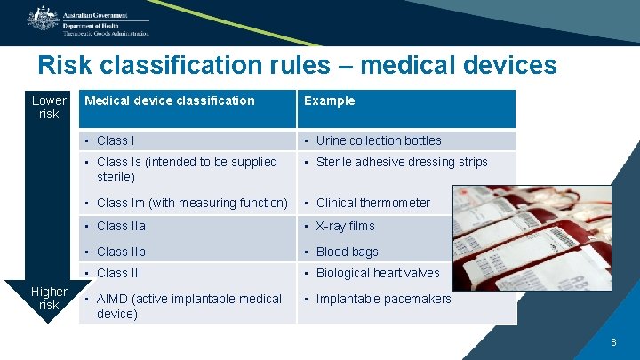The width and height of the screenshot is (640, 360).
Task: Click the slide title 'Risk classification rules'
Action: (297, 65)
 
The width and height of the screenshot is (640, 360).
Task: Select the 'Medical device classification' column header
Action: (169, 100)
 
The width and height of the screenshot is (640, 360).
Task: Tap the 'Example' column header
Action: (329, 100)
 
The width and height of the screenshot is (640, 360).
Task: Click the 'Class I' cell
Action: (116, 140)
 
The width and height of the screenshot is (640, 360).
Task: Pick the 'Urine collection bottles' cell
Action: (379, 140)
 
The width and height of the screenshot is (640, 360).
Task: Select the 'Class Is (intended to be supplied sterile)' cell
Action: (187, 169)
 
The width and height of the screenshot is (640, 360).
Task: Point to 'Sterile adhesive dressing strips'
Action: (402, 162)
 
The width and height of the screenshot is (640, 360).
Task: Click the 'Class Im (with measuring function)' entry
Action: (192, 203)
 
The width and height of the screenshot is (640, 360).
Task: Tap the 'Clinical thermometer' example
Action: (372, 203)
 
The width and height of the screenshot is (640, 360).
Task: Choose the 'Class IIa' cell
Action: (122, 226)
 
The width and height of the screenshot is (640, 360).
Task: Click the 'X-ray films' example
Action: (346, 226)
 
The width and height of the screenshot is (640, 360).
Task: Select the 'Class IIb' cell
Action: (121, 252)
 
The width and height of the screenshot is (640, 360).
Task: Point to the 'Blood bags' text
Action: (347, 252)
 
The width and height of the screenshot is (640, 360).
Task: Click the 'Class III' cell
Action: (119, 273)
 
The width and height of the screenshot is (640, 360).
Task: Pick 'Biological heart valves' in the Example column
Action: (378, 273)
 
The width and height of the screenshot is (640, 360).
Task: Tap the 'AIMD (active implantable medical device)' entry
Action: (188, 306)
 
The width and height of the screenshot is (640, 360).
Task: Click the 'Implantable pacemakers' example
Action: (383, 299)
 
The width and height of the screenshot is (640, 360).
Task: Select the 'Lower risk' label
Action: (49, 107)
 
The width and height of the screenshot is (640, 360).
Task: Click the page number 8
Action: (612, 342)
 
